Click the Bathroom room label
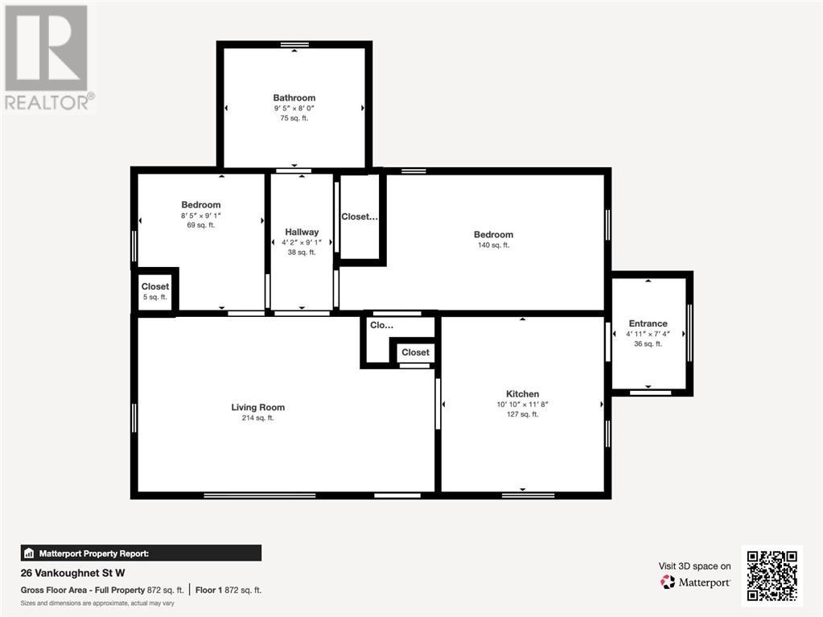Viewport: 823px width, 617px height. coord(294,98)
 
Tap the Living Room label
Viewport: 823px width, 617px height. coord(257,407)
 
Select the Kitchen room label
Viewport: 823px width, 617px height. coord(522,394)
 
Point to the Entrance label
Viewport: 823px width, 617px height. coord(648,323)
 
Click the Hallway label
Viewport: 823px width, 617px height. coord(302,232)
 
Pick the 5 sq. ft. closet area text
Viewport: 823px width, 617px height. coord(155,297)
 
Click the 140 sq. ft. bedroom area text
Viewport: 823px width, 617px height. coord(493,245)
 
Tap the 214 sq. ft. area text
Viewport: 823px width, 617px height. coord(257,418)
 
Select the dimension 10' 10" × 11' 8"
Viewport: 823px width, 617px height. coord(522,405)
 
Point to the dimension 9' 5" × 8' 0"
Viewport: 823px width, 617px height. coord(294,109)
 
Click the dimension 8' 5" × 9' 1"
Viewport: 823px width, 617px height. coord(200,216)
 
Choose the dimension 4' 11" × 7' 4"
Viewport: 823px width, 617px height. coord(648,334)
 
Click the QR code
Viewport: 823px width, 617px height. coord(772,574)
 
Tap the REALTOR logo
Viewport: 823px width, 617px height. coord(47,56)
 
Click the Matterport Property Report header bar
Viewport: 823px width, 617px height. coord(141,553)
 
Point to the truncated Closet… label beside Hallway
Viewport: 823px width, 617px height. coord(359,216)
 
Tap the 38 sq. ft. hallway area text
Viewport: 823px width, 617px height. coord(302,252)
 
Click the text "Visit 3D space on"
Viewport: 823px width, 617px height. coord(695,566)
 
